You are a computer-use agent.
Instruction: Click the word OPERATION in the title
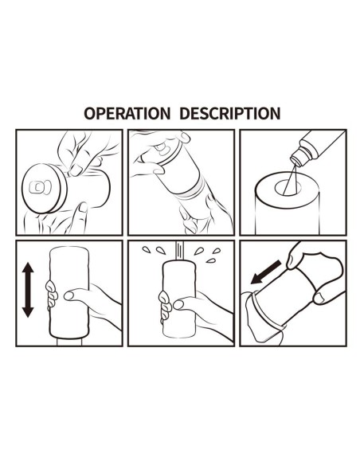[127, 113]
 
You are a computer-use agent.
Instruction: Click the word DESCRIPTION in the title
[229, 113]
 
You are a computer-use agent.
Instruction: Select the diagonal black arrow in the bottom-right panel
[264, 273]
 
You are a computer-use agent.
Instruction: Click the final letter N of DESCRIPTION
[274, 113]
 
